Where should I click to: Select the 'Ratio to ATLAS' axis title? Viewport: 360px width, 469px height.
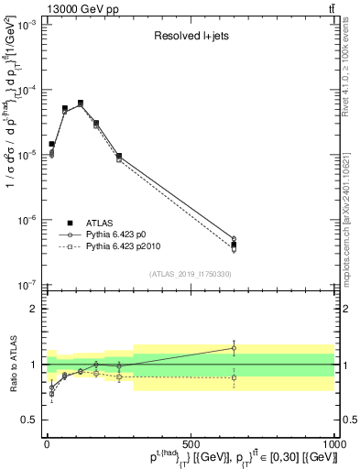(10, 364)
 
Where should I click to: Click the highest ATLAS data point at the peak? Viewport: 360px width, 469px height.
(81, 104)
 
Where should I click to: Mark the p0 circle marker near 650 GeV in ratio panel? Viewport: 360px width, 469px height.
(234, 348)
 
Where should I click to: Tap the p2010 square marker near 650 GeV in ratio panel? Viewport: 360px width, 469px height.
(234, 377)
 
